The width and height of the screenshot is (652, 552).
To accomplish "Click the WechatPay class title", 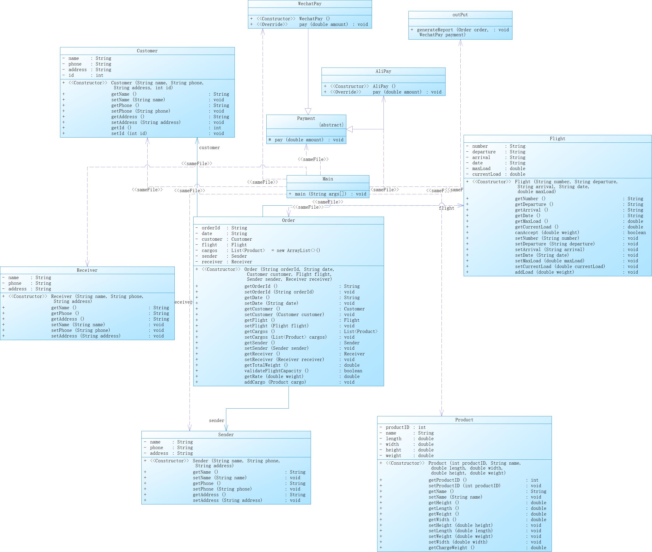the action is [309, 4].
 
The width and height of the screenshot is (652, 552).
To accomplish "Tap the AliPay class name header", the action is [383, 71].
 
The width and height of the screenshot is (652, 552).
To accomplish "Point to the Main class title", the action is [328, 179].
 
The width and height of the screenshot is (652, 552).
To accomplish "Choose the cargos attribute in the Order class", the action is [209, 250].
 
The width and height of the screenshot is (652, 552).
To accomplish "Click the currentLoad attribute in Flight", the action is [486, 174].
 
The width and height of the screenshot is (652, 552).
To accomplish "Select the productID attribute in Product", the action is [397, 427].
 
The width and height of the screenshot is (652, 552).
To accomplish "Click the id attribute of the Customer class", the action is [71, 75].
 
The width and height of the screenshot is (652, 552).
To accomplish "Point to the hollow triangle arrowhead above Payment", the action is [308, 111].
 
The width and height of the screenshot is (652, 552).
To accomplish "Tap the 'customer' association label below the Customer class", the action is [209, 148].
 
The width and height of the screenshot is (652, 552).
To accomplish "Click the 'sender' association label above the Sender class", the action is [216, 421].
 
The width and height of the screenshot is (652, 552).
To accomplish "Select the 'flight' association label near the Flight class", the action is [446, 208].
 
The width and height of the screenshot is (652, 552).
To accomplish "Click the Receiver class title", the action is [87, 270].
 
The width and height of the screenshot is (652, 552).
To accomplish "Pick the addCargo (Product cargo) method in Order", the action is [275, 382].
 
